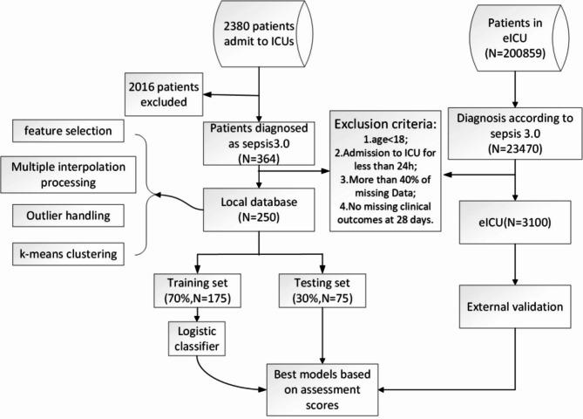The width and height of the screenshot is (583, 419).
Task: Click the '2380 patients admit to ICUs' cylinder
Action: coord(262,34)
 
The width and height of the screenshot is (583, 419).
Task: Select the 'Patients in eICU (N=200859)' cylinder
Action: coord(519,38)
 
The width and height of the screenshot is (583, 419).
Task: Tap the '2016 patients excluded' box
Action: coord(164,94)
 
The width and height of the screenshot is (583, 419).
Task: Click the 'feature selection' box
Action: coord(68,131)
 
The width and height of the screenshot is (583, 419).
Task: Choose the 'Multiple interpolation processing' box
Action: coord(69,175)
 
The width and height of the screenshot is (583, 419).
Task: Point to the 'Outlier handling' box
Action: coord(68,216)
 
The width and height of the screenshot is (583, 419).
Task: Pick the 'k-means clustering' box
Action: coord(68,254)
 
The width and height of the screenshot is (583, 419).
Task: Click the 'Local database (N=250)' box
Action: coord(259,209)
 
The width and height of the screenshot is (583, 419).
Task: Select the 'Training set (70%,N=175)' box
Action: coord(198,291)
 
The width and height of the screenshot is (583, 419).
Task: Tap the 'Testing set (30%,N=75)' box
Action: coord(322,291)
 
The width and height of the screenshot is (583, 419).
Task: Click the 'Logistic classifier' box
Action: coord(197,339)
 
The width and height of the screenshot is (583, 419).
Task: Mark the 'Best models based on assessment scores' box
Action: coord(322,389)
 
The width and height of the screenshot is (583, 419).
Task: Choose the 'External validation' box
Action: coord(515,306)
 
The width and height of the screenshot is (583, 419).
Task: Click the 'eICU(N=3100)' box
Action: coord(515,223)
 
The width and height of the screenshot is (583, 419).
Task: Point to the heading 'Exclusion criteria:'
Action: coord(385,124)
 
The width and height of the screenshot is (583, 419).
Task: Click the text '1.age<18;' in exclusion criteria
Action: coord(385,140)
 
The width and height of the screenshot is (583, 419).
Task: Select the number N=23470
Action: coord(515,149)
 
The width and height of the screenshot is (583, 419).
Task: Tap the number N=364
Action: coord(259,159)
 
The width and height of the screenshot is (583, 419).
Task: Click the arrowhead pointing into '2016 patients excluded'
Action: coord(207,94)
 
